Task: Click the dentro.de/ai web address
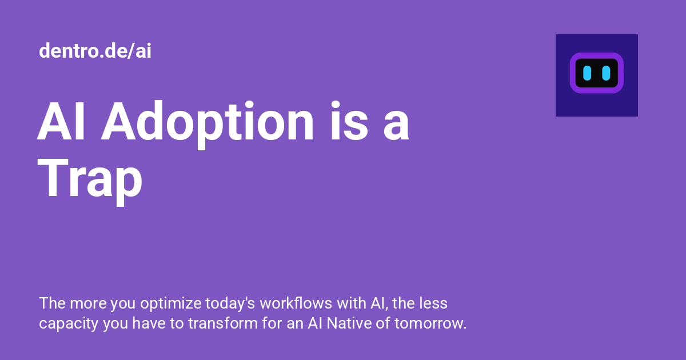point(95,51)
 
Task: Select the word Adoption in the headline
point(208,122)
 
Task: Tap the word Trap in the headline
point(90,179)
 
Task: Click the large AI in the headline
point(62,122)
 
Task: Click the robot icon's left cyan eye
point(587,73)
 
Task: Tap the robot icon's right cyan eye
point(606,73)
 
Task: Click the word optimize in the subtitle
point(171,304)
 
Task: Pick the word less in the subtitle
point(434,303)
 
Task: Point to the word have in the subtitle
point(148,323)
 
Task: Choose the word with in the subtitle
point(342,303)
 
